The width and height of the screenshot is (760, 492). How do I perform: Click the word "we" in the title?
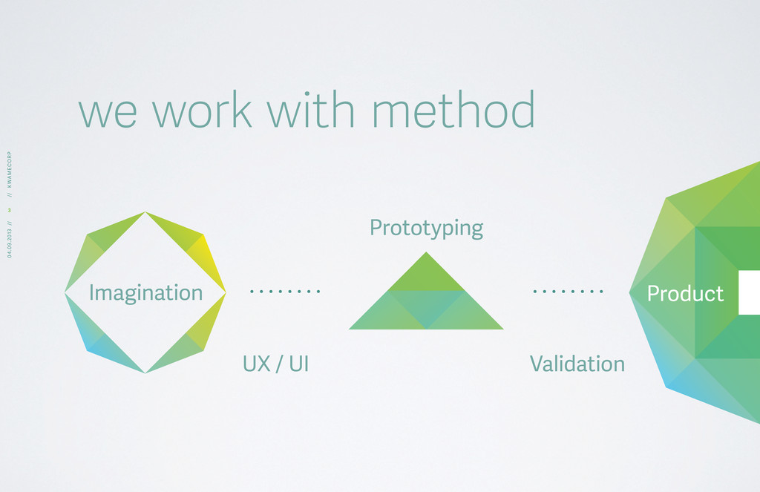coord(108,114)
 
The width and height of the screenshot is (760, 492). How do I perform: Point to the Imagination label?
coord(145,293)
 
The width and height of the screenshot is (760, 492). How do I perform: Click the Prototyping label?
coord(426,229)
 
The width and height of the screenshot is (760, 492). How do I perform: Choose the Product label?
coord(685,294)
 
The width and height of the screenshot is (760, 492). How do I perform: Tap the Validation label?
coord(577,364)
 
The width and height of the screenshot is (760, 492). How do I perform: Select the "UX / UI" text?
coord(275,364)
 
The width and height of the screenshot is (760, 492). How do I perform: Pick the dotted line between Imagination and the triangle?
coord(285,292)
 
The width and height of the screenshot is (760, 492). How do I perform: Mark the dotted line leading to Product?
coord(568,292)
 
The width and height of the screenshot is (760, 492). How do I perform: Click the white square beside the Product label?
coord(749,293)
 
